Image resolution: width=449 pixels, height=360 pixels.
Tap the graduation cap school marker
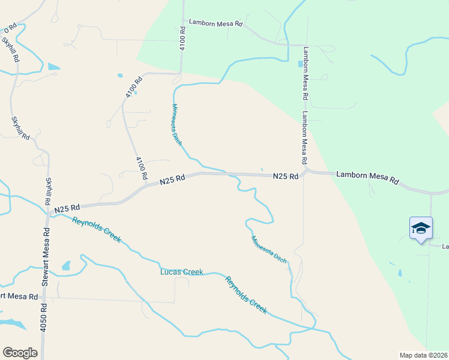(x=421, y=228)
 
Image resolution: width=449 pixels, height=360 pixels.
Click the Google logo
(x=20, y=353)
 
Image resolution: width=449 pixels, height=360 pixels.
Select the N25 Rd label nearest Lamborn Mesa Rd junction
(x=286, y=176)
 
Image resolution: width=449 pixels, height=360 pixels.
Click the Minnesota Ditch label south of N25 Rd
(x=268, y=250)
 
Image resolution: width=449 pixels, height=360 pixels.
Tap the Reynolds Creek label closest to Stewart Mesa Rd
(x=96, y=229)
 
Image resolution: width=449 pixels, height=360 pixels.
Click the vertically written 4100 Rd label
(x=182, y=38)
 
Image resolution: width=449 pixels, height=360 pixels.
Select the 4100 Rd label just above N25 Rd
(x=142, y=168)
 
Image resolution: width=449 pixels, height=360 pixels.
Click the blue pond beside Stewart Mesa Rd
(x=66, y=265)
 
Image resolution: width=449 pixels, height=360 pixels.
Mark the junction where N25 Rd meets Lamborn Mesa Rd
(x=306, y=172)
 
